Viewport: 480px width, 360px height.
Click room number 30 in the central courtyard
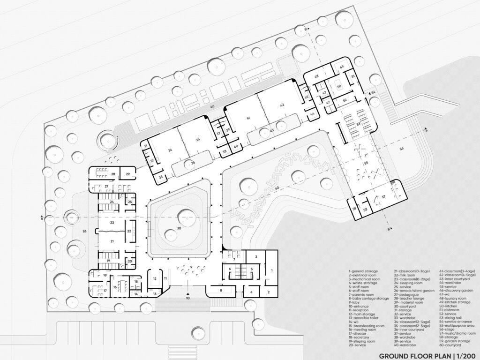coord(179,228)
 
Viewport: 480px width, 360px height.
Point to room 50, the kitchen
coord(339,86)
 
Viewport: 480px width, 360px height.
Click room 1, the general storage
coord(271,270)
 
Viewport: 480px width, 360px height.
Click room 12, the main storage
coord(154,278)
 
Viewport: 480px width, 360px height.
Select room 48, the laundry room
coord(317,76)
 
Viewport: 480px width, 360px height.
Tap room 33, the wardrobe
coord(161,177)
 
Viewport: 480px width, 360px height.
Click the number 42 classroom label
coord(282,105)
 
